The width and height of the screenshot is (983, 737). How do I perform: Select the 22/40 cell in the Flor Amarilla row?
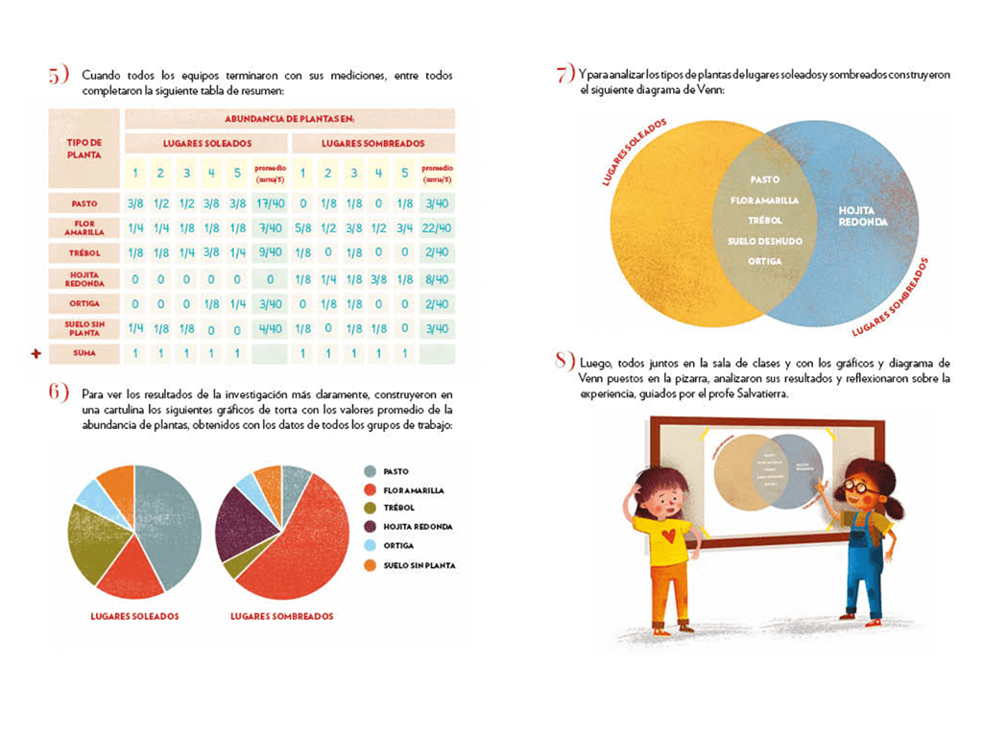436,227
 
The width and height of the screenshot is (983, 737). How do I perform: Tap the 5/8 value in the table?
303,227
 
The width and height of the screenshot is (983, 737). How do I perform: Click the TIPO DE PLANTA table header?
84,148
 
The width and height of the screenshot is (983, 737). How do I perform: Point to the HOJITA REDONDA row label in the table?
84,278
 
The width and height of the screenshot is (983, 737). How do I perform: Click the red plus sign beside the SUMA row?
36,354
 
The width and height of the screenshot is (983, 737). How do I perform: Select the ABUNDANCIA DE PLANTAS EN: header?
289,118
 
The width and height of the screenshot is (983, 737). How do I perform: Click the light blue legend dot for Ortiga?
370,546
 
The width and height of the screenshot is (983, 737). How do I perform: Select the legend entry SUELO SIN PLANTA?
419,565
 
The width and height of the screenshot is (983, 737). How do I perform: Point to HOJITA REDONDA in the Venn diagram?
862,215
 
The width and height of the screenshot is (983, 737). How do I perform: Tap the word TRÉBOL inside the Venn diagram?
764,220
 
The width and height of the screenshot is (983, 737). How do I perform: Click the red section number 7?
563,76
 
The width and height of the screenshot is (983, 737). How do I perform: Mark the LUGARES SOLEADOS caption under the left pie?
134,616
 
